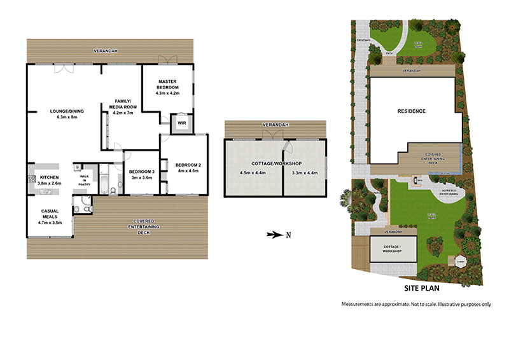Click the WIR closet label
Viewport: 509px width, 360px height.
[x=181, y=123]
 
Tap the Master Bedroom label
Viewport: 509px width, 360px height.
[x=168, y=87]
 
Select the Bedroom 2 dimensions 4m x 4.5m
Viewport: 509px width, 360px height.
[x=188, y=170]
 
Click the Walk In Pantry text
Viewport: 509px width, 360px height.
[x=84, y=179]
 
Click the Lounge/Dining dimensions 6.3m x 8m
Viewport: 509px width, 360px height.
[x=67, y=116]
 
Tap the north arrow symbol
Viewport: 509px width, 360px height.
[x=274, y=235]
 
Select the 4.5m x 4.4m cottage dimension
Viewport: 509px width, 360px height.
[x=251, y=173]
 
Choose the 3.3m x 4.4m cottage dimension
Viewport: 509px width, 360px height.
[x=303, y=173]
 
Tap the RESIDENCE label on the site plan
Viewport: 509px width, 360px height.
[x=412, y=111]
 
